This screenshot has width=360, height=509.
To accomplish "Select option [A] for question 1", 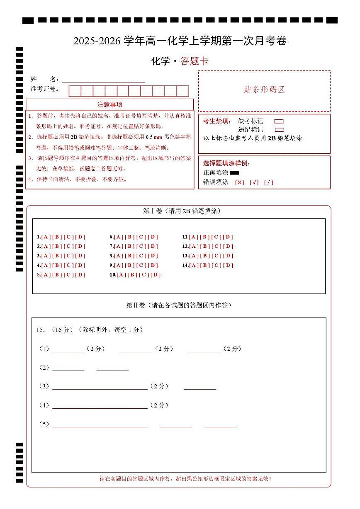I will tap(46, 237).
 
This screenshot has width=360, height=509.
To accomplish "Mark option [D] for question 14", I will tap(228, 265).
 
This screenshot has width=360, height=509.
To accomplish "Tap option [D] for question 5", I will tap(80, 275).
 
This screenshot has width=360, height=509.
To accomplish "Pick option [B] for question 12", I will tap(205, 246).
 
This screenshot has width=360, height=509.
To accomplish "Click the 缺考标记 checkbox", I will tap(279, 121).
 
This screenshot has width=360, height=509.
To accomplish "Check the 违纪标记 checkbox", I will tap(279, 130).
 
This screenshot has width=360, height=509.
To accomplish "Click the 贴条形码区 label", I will tap(264, 90).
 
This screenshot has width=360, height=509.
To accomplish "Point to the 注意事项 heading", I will tap(109, 104).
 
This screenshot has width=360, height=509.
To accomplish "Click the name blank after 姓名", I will tap(103, 79).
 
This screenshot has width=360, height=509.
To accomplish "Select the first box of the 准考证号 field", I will tap(75, 91).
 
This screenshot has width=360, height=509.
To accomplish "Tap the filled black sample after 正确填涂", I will tap(235, 172).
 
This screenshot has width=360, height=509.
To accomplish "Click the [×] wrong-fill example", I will tap(240, 182).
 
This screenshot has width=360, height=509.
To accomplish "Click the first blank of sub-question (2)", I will tap(68, 368).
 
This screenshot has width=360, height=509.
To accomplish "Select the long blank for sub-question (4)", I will tap(100, 405).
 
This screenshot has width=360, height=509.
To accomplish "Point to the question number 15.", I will tap(40, 330).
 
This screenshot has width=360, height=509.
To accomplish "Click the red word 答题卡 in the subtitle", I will tap(195, 61).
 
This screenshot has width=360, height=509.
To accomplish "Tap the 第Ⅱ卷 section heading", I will tap(178, 305).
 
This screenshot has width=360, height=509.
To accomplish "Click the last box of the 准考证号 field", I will tap(183, 91).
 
